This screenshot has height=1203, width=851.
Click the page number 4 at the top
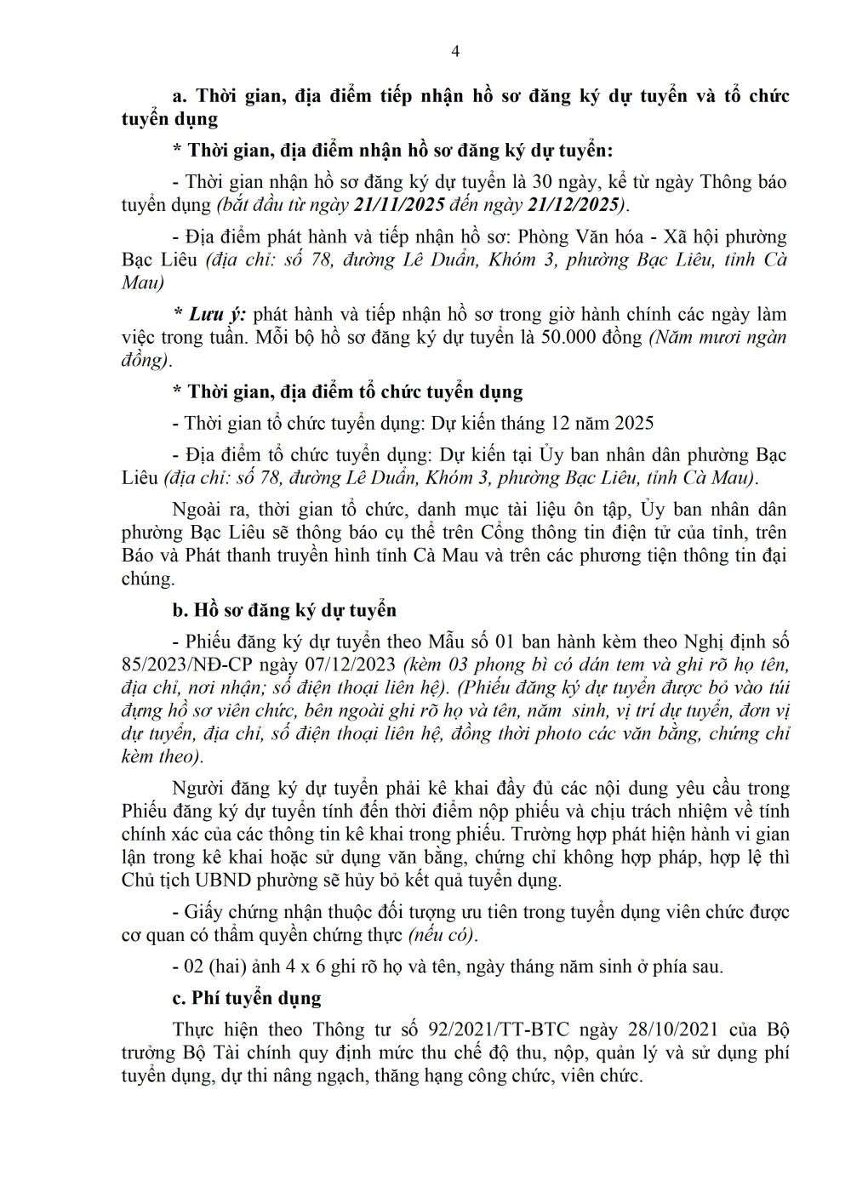coord(454,51)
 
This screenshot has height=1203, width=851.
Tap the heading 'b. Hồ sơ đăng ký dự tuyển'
coord(284,611)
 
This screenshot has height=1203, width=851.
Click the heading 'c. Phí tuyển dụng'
coord(247,998)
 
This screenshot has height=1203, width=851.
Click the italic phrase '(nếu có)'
coord(443,936)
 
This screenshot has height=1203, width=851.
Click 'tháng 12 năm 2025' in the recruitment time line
coord(578,423)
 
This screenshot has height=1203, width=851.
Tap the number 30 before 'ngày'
coord(545,181)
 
